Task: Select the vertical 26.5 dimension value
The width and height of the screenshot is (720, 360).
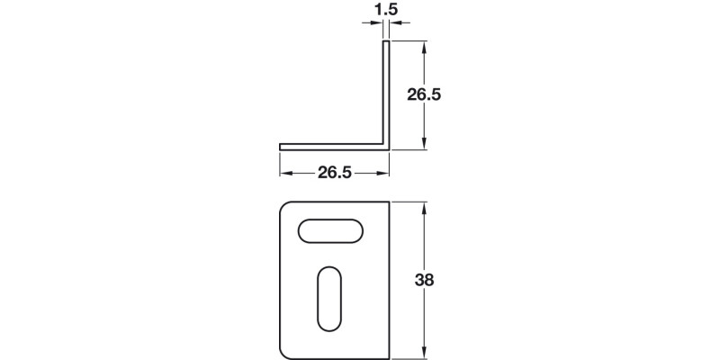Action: tap(423, 94)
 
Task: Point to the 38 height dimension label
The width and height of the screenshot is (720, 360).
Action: tap(425, 280)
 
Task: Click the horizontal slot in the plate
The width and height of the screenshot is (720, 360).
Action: tap(330, 231)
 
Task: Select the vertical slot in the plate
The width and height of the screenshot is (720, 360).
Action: tap(329, 300)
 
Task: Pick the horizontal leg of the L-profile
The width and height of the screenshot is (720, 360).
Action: tap(333, 146)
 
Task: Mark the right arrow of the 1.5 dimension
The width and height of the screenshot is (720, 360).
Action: tap(395, 24)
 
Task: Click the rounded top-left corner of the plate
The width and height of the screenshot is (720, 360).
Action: tap(285, 206)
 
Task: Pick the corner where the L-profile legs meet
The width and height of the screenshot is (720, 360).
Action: tap(387, 146)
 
